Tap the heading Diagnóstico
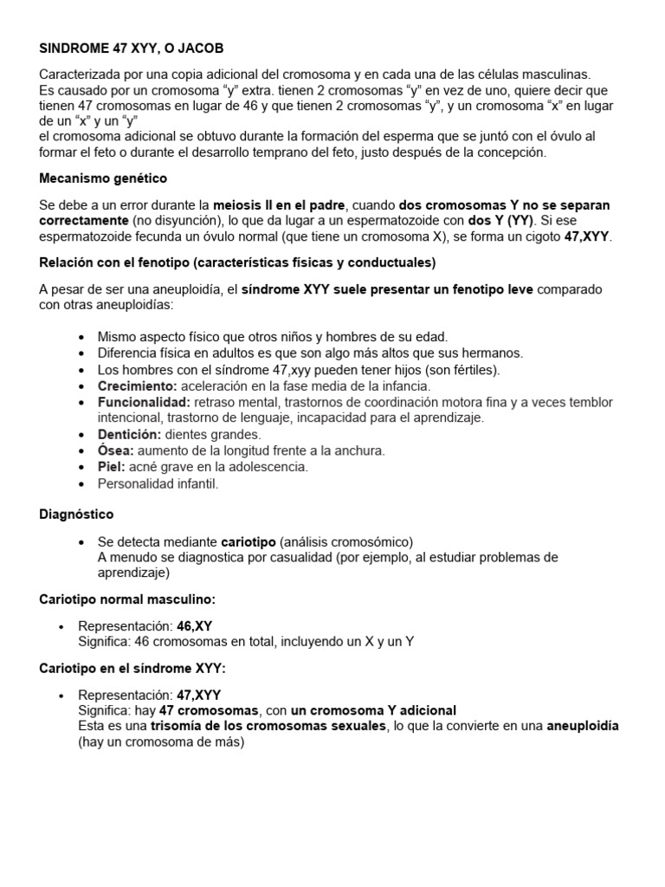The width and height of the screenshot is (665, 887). point(76,515)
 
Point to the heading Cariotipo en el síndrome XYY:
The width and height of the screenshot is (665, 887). point(132,668)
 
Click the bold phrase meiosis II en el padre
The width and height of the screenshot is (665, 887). point(278,205)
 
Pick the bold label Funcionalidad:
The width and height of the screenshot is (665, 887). point(144,402)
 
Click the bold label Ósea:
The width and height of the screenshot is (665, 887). point(115,450)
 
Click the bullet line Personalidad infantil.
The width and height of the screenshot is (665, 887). point(158,483)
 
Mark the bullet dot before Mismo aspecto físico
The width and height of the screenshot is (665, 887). point(81,336)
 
